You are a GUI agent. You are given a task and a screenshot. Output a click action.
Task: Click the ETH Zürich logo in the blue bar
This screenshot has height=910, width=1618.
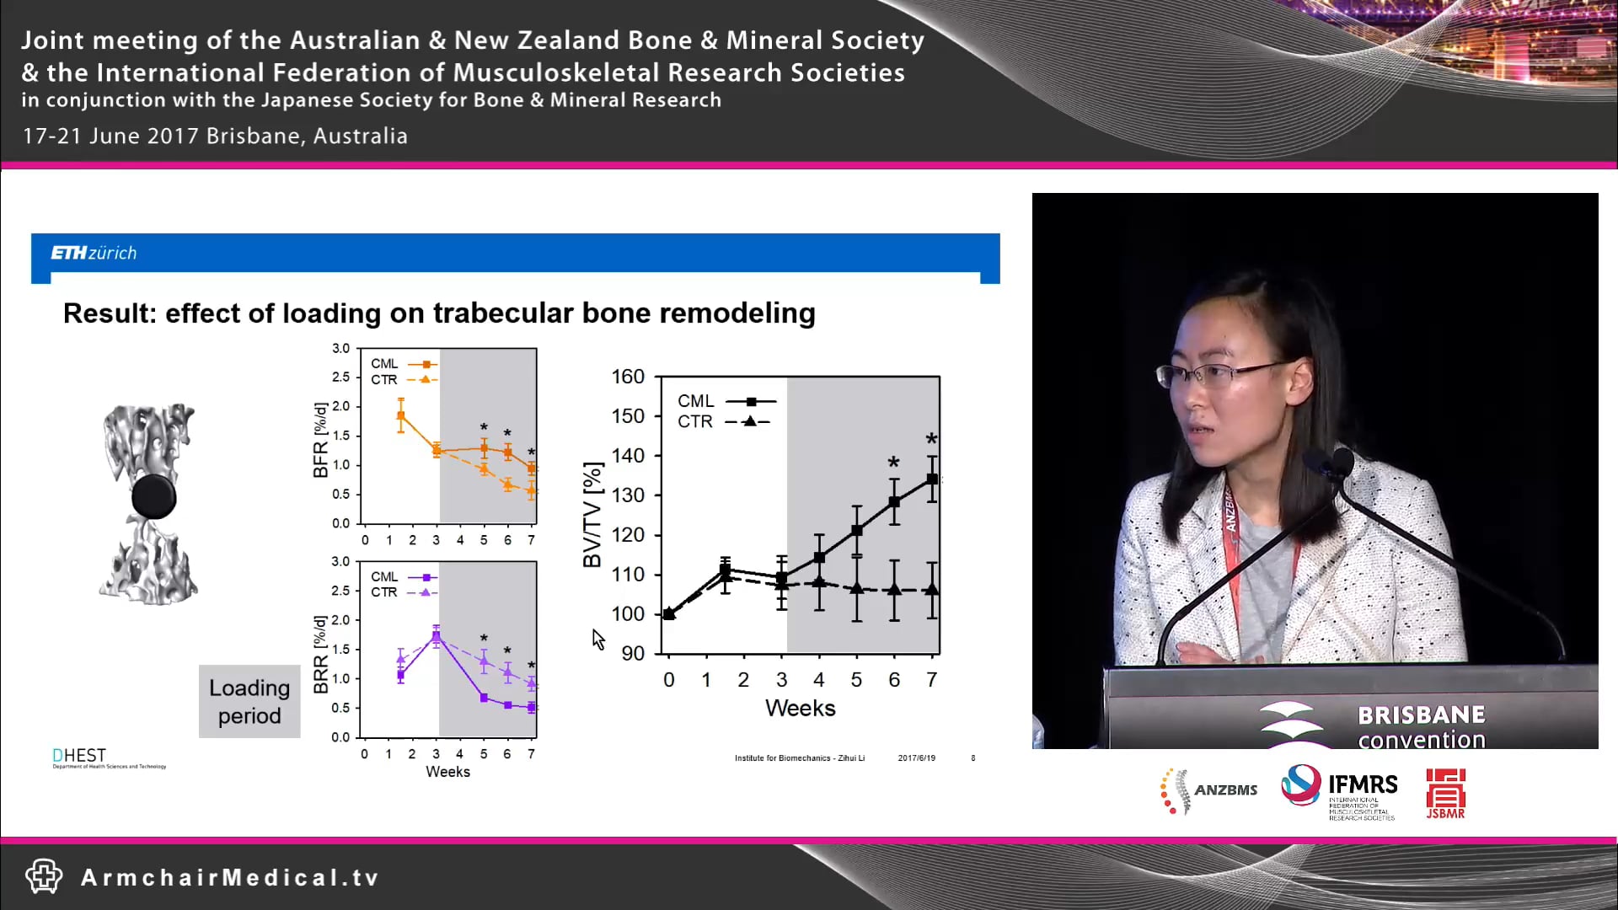click(94, 253)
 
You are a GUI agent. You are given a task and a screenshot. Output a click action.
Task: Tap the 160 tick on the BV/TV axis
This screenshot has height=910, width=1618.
click(628, 377)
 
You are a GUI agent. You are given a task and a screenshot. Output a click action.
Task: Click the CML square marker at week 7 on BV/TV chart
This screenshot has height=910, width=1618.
click(932, 479)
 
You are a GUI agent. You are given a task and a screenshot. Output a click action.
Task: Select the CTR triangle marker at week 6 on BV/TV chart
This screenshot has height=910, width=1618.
click(894, 590)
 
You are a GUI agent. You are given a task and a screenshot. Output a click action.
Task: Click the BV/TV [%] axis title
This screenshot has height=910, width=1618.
click(593, 514)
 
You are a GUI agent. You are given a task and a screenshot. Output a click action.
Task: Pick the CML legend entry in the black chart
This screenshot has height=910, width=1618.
click(725, 401)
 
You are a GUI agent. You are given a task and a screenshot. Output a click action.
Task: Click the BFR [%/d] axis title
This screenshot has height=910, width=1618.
click(320, 440)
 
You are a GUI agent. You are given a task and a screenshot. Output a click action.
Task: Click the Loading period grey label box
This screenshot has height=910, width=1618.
click(249, 702)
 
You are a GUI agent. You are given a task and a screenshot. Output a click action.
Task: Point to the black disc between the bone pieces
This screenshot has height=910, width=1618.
click(154, 496)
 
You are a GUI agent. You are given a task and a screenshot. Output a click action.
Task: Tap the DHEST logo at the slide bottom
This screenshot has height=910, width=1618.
click(81, 757)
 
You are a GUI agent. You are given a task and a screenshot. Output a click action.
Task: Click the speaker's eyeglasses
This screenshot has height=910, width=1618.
click(1222, 372)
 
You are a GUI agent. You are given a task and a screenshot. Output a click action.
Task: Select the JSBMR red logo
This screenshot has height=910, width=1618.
click(1445, 793)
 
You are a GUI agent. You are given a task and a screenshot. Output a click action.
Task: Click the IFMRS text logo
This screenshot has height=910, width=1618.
click(1362, 785)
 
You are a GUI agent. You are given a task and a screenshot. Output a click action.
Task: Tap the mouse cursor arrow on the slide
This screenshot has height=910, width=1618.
click(597, 640)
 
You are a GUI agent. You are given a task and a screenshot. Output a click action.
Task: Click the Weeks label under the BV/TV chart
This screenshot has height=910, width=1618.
click(800, 708)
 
